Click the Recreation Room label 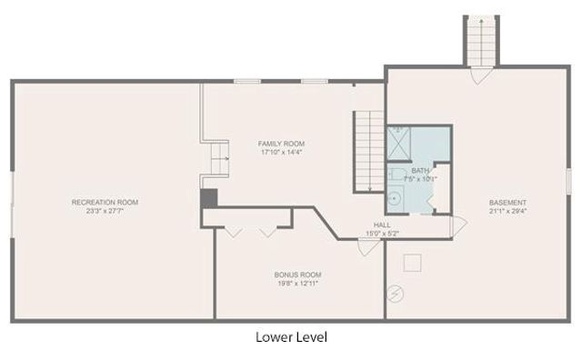click(105, 202)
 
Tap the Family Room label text click(281, 144)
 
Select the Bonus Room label click(297, 275)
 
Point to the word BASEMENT click(507, 203)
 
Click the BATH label click(419, 171)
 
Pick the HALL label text click(382, 225)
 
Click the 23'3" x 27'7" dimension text click(105, 211)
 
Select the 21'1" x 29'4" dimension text click(507, 212)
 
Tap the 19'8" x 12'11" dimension click(297, 284)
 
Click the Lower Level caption click(290, 337)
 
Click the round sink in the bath click(396, 200)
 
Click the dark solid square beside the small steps click(208, 197)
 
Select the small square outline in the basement click(414, 262)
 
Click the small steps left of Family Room click(216, 156)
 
